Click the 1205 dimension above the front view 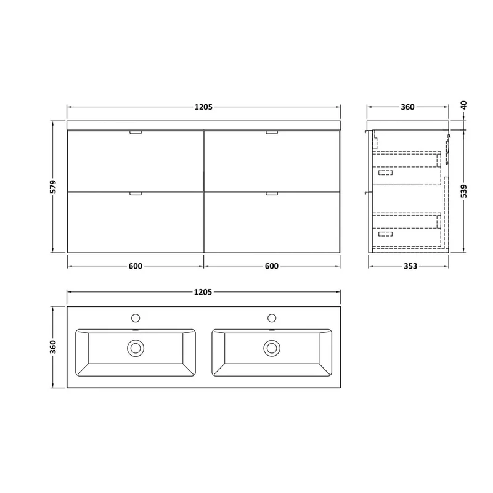pyautogui.click(x=203, y=107)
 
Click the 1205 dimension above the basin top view pyautogui.click(x=203, y=292)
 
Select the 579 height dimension pyautogui.click(x=53, y=187)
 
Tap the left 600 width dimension pyautogui.click(x=135, y=266)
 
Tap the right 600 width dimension pyautogui.click(x=271, y=266)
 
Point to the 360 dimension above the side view pyautogui.click(x=407, y=107)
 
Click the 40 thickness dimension pyautogui.click(x=464, y=105)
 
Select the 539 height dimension pyautogui.click(x=464, y=191)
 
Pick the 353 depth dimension pyautogui.click(x=410, y=266)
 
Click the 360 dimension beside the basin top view pyautogui.click(x=53, y=347)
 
